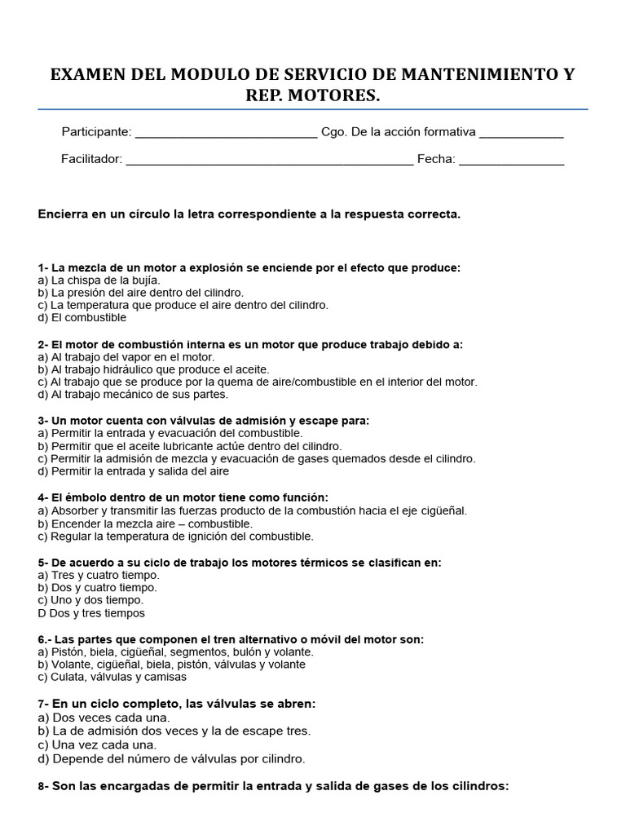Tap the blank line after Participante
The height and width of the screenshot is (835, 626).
(x=225, y=133)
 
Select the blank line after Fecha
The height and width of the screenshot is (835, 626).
(x=511, y=160)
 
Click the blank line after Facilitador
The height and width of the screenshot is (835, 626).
(x=269, y=160)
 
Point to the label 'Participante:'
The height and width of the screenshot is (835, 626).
(x=96, y=132)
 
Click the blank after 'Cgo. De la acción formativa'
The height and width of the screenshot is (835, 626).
(x=521, y=133)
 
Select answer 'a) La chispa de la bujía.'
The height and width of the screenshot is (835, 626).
(x=99, y=280)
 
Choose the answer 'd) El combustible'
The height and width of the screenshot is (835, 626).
(x=82, y=318)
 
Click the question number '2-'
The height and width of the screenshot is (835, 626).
(x=43, y=344)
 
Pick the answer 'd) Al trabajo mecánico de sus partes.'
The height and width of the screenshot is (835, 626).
(x=133, y=395)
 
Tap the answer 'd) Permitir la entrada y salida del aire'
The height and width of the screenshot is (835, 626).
(x=134, y=471)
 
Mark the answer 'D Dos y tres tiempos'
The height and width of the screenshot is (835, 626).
(x=91, y=613)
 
